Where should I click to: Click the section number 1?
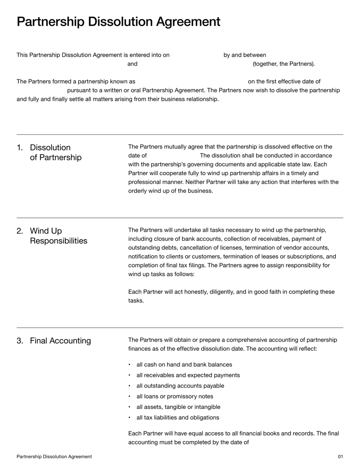[x=20, y=148]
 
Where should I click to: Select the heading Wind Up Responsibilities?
[x=58, y=236]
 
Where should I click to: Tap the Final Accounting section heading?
[x=60, y=341]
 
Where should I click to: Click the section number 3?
[x=20, y=341]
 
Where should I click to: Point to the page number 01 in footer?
[x=340, y=457]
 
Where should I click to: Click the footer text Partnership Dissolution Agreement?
[x=54, y=457]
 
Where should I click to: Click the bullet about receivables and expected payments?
[x=188, y=375]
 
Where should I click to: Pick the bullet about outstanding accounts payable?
[x=180, y=385]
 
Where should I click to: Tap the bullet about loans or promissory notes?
[x=175, y=396]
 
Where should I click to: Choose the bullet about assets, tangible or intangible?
[x=178, y=407]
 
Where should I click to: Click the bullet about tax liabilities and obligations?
[x=178, y=417]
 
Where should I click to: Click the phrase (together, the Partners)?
[x=283, y=64]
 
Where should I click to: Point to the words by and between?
[x=245, y=55]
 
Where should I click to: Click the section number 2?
[x=20, y=231]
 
